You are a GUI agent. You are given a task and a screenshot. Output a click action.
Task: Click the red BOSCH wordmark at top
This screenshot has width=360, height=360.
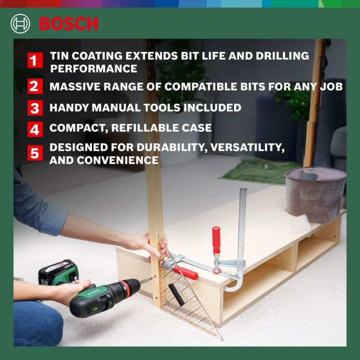coord(68,24)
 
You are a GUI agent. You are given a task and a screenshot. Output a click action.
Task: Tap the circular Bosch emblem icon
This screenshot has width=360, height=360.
coord(21,24)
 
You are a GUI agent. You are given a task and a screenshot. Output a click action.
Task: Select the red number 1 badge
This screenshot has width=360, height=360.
coord(34,61)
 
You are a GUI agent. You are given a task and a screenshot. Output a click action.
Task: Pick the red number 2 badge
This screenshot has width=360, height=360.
coord(34,86)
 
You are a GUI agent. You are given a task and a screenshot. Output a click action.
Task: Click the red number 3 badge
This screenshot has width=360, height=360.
coord(34,108)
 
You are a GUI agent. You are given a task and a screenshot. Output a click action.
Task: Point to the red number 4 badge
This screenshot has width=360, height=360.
coord(34,129)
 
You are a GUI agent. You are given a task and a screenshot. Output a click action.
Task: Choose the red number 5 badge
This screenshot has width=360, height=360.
coord(34,153)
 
